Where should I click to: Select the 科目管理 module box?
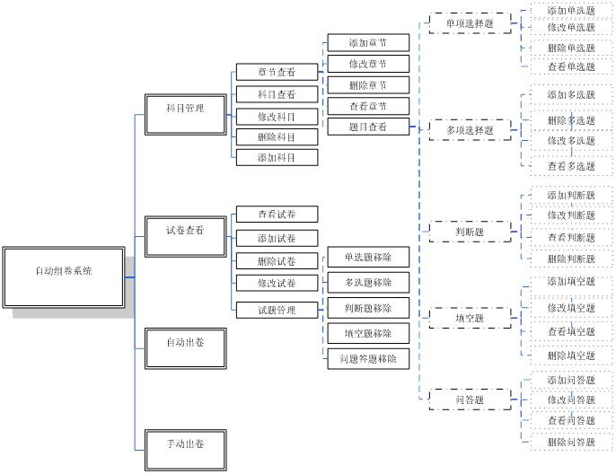coord(186,110)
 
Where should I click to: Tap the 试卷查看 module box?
coord(186,231)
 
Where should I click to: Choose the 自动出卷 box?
coord(186,342)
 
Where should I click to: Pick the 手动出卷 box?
coord(186,444)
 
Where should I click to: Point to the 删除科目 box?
coord(277,137)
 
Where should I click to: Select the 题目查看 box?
coord(368,127)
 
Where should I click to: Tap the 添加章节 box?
coord(368,43)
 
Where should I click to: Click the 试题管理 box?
coord(277,311)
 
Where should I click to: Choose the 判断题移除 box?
coord(368,309)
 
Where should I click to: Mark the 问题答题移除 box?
coord(368,358)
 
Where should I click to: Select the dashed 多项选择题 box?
coord(470,130)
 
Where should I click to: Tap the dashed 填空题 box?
coord(470,318)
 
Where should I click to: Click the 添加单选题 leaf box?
coord(571,11)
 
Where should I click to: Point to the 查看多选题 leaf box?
coord(571,166)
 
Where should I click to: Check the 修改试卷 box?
coord(277,284)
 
